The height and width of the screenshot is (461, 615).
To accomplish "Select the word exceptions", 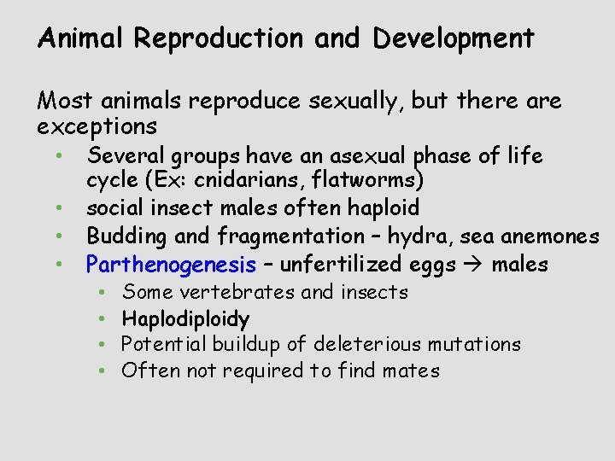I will pyautogui.click(x=97, y=127).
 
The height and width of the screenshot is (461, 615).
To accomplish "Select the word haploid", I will pyautogui.click(x=381, y=207).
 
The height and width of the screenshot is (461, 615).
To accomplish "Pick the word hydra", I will pyautogui.click(x=383, y=236).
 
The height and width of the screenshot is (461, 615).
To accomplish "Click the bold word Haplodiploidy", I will pyautogui.click(x=185, y=319).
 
